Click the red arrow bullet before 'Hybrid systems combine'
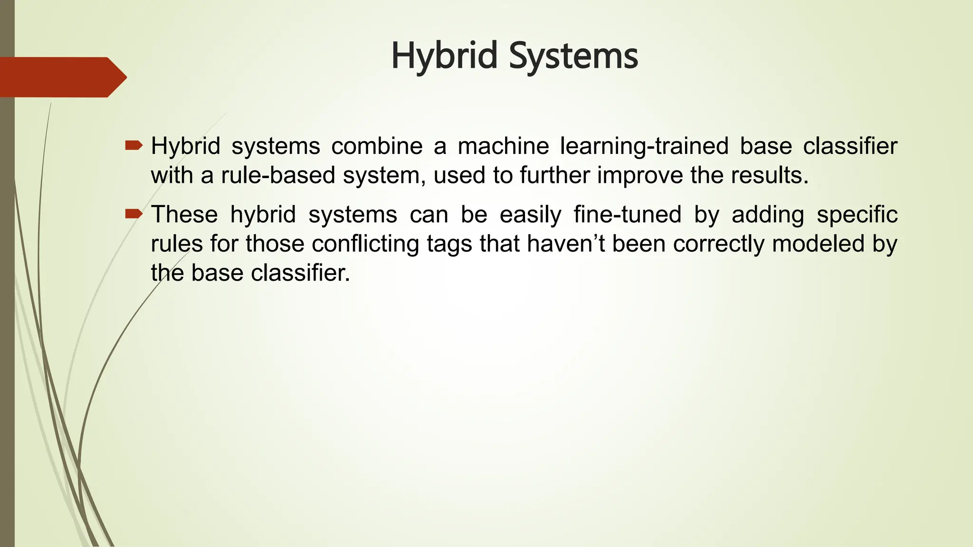click(134, 145)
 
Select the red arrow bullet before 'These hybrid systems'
click(134, 214)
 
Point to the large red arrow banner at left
click(62, 77)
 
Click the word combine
click(377, 146)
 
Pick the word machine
click(503, 146)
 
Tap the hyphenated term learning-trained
click(644, 146)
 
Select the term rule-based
click(278, 176)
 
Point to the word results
click(769, 176)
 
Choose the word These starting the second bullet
click(184, 215)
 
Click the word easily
click(530, 215)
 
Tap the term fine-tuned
click(627, 215)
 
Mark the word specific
click(857, 215)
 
